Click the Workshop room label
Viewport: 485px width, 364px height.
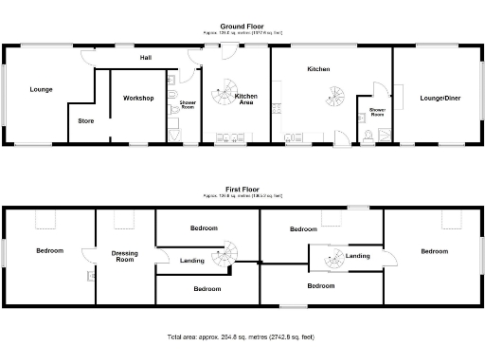pyautogui.click(x=138, y=99)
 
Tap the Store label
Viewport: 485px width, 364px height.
pyautogui.click(x=85, y=121)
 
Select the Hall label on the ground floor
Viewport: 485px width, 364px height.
pyautogui.click(x=145, y=59)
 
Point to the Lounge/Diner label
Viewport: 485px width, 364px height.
pyautogui.click(x=434, y=96)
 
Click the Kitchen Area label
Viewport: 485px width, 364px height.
pyautogui.click(x=246, y=99)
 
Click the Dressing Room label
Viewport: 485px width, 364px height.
pyautogui.click(x=125, y=255)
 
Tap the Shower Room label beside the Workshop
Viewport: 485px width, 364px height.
pyautogui.click(x=187, y=105)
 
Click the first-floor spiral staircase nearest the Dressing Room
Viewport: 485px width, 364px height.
pyautogui.click(x=225, y=257)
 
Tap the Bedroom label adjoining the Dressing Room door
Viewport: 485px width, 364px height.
pyautogui.click(x=49, y=251)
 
